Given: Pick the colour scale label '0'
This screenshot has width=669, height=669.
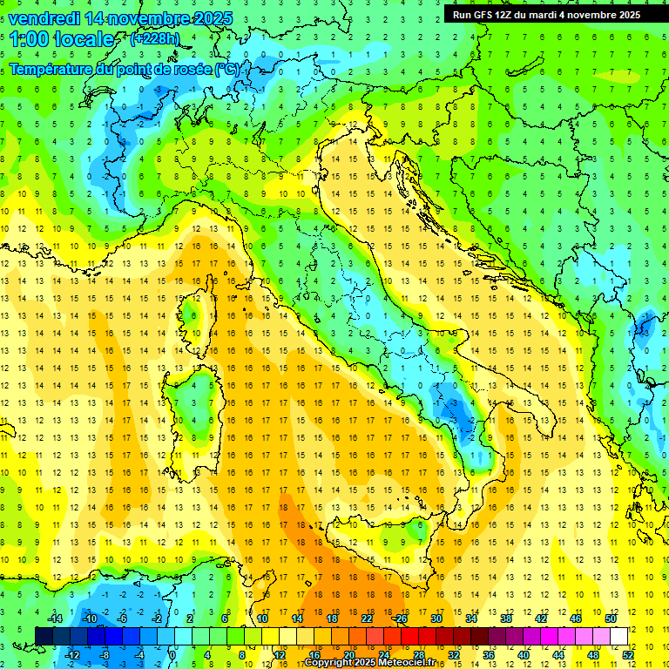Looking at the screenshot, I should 173,655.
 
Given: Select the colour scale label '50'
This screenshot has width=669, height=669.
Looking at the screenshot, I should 610,618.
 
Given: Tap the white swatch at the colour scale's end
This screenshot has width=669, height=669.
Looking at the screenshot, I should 618,636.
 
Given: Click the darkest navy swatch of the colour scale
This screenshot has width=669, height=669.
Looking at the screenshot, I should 44,636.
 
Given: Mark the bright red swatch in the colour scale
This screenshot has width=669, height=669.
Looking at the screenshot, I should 409,636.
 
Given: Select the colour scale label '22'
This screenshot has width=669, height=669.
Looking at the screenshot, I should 366,618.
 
